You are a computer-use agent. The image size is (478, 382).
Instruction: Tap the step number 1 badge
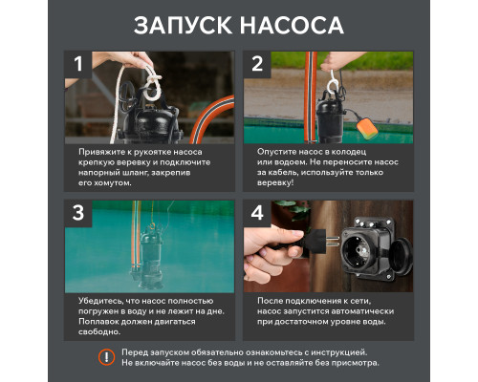(x=79, y=65)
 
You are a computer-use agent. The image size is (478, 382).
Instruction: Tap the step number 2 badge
(x=257, y=65)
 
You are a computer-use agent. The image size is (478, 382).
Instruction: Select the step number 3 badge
(x=79, y=213)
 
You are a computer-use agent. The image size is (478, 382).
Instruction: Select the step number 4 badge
(x=257, y=213)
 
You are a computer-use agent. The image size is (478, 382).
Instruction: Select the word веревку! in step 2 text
(x=278, y=181)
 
